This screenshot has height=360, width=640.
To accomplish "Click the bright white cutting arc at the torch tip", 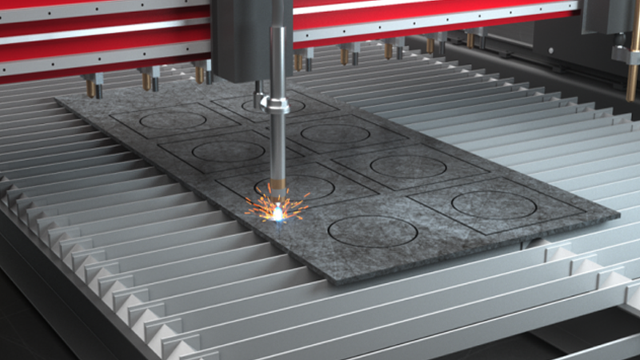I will tap(278, 212).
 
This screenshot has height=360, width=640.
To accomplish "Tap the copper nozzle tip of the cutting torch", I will tap(277, 188).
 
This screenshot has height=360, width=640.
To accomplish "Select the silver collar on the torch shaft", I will tap(277, 105).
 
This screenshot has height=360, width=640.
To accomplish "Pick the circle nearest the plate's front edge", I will tap(373, 231).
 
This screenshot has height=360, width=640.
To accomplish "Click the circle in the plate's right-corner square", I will tap(494, 205).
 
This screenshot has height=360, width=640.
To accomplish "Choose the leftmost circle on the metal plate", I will tap(172, 120).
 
